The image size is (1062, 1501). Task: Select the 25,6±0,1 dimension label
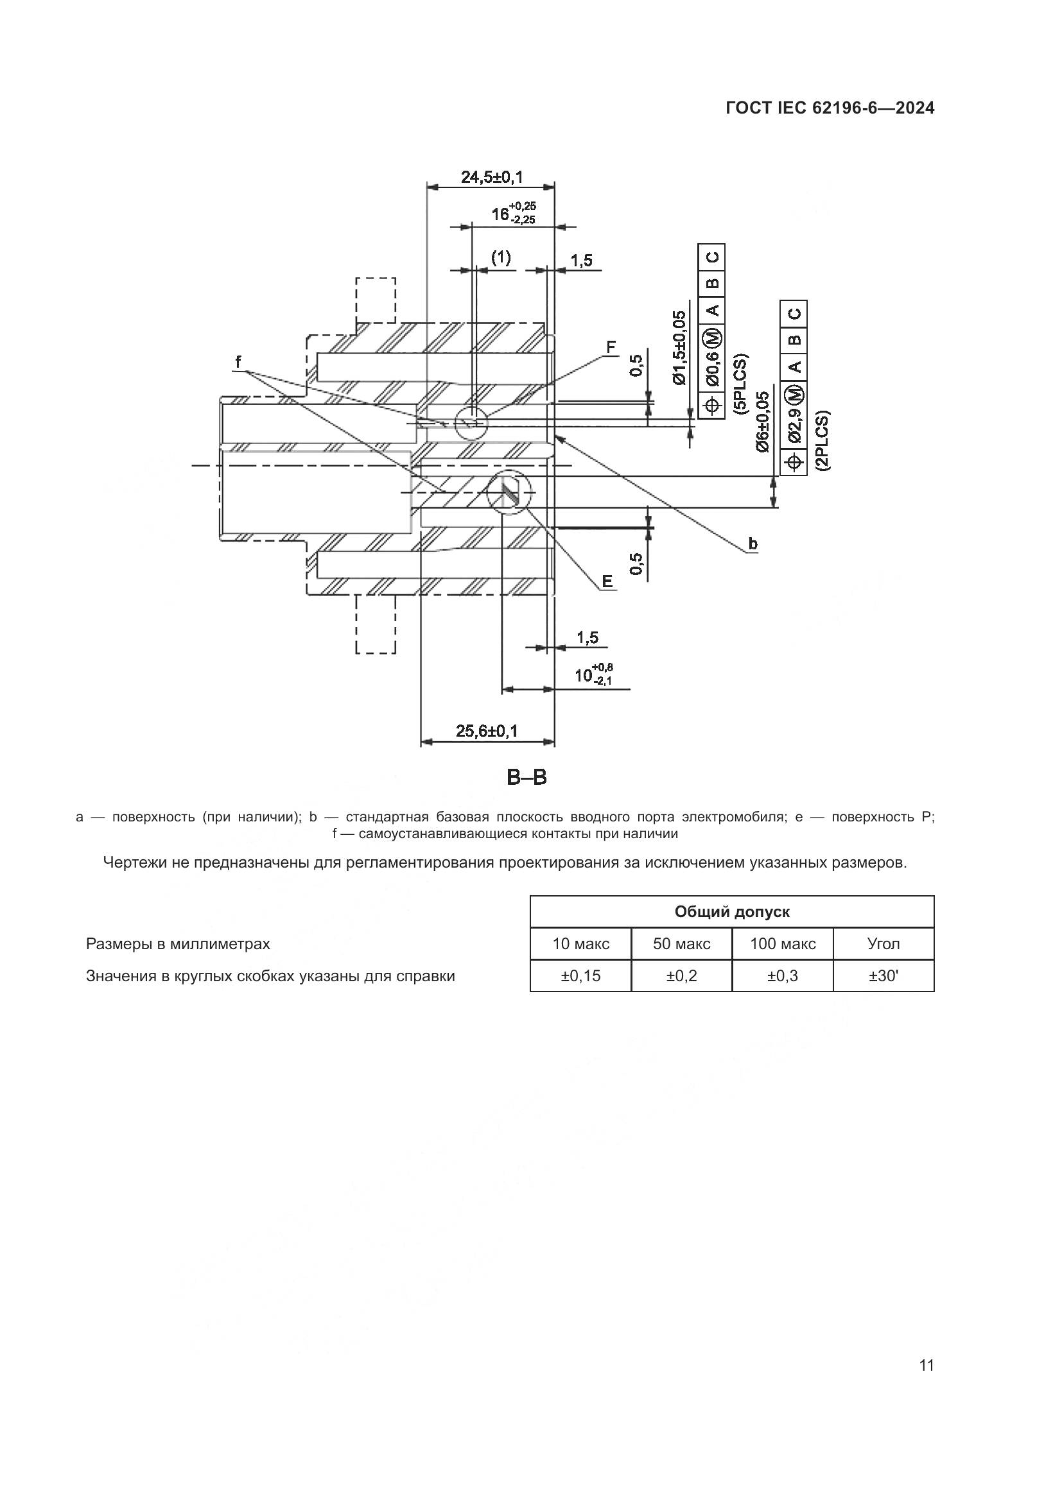pyautogui.click(x=487, y=731)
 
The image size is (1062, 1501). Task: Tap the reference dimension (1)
pyautogui.click(x=501, y=257)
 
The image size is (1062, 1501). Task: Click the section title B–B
pyautogui.click(x=527, y=778)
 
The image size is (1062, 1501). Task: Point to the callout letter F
pyautogui.click(x=611, y=347)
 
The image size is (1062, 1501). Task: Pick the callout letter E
pyautogui.click(x=607, y=581)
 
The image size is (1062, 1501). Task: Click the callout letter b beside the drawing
pyautogui.click(x=753, y=544)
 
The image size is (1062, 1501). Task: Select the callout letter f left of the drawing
pyautogui.click(x=239, y=361)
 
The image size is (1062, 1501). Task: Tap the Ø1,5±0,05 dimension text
pyautogui.click(x=680, y=348)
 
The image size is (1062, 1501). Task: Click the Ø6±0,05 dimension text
pyautogui.click(x=763, y=422)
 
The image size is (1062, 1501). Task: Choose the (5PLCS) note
pyautogui.click(x=742, y=384)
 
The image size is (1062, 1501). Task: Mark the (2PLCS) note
pyautogui.click(x=823, y=440)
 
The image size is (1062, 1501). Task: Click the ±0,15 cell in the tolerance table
pyautogui.click(x=580, y=976)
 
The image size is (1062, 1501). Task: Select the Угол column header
pyautogui.click(x=884, y=944)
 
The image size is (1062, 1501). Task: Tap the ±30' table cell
pyautogui.click(x=884, y=976)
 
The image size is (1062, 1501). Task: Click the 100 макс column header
pyautogui.click(x=783, y=944)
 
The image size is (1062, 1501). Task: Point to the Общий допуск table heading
pyautogui.click(x=732, y=912)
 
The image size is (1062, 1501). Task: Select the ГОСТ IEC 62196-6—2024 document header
pyautogui.click(x=830, y=108)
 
